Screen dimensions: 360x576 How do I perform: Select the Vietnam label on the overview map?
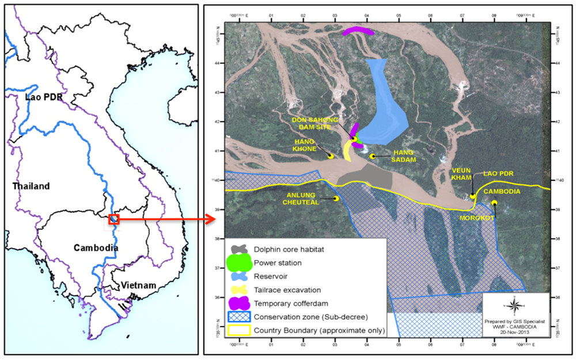click(x=138, y=285)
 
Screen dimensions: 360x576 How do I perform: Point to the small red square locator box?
click(x=115, y=219)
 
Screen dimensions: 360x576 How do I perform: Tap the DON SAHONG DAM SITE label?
click(x=317, y=124)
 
